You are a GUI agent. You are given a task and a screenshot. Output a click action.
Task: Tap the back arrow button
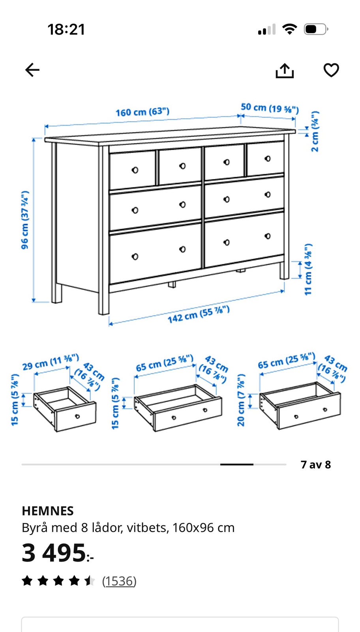tap(32, 70)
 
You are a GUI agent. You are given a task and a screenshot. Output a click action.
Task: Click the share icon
tap(285, 70)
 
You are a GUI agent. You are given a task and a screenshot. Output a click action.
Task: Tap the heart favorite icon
tap(331, 70)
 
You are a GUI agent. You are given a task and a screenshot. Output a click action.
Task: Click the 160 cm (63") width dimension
tap(142, 112)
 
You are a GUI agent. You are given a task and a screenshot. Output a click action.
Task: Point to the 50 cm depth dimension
tap(270, 108)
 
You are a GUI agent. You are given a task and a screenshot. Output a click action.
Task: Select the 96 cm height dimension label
tap(25, 220)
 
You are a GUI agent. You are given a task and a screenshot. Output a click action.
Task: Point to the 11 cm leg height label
tap(308, 269)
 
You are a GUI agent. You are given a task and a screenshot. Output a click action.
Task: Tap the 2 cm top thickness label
tap(315, 132)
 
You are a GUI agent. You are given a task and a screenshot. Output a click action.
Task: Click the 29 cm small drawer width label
tap(51, 362)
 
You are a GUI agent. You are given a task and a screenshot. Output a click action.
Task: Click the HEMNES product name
tap(48, 511)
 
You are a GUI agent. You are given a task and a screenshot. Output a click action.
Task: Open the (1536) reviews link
tap(119, 581)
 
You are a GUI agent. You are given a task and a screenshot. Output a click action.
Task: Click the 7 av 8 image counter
tap(316, 465)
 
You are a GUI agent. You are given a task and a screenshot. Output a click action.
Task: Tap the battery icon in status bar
tap(316, 29)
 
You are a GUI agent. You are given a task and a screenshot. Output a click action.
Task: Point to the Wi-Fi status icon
tap(290, 29)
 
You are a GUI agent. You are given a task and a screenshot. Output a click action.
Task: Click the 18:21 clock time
tap(66, 30)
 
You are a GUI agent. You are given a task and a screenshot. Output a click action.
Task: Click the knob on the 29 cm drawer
tap(77, 416)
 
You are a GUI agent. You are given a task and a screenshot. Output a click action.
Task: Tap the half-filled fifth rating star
tap(90, 581)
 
